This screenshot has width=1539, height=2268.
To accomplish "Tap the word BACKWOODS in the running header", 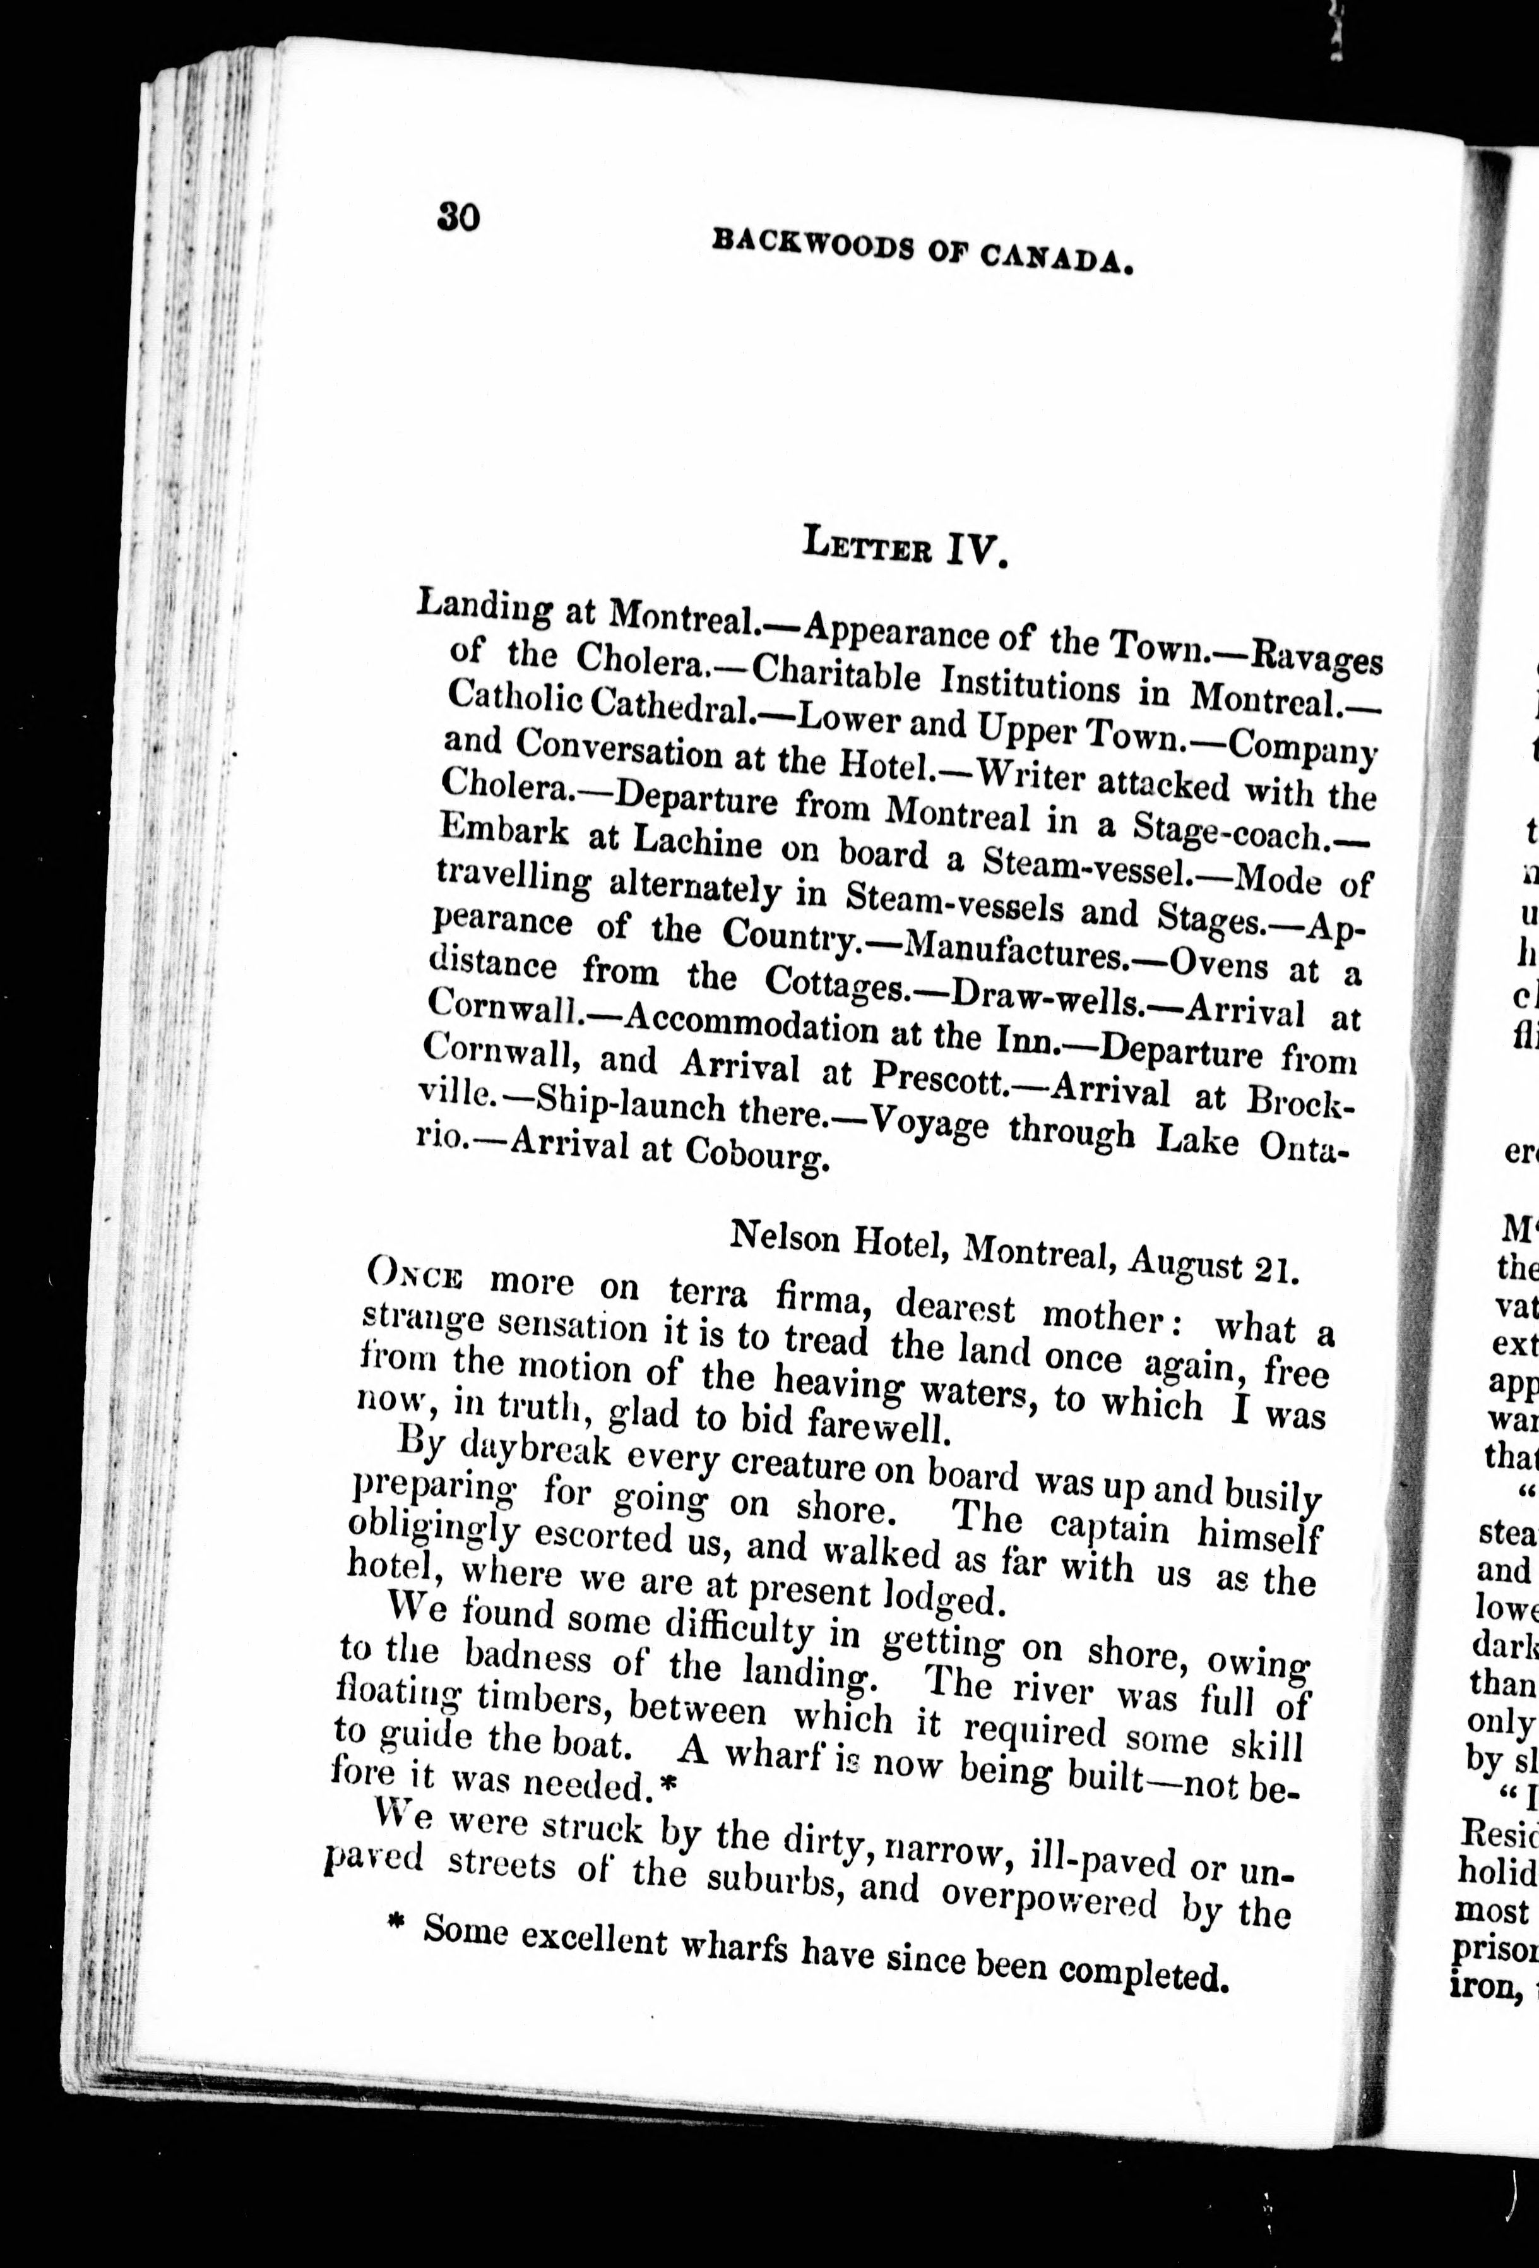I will tap(813, 243).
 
